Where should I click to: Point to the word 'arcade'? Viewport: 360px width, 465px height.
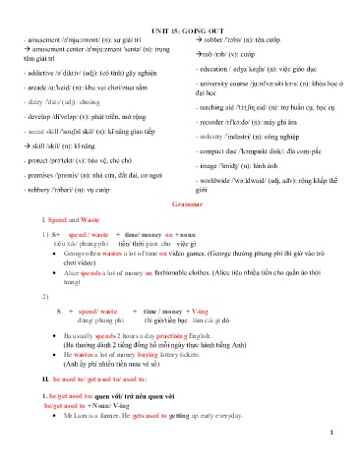[38, 90]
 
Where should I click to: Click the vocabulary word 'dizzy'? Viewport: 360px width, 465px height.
[36, 107]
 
